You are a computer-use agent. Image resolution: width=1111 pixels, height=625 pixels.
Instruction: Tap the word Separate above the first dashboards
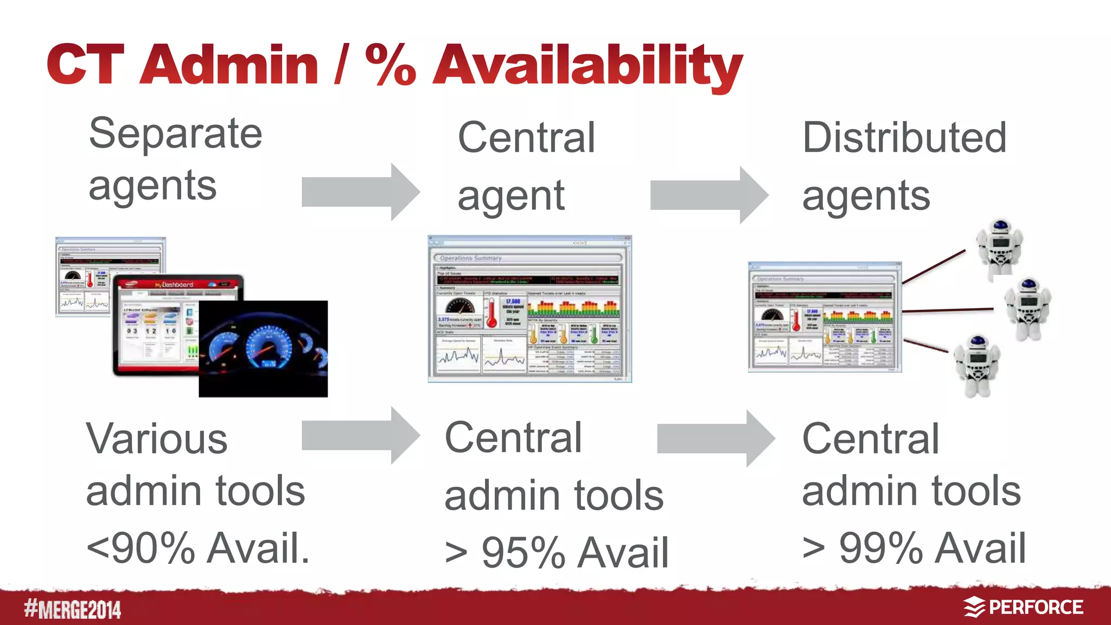click(x=175, y=133)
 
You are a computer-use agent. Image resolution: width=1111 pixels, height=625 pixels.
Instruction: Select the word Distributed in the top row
click(x=904, y=138)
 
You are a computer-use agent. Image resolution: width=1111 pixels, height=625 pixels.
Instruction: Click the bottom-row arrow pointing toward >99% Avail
click(x=716, y=438)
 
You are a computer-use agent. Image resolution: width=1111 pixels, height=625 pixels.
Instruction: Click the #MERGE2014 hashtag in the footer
click(x=72, y=609)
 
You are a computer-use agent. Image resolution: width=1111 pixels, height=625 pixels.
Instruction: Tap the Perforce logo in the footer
click(x=1023, y=607)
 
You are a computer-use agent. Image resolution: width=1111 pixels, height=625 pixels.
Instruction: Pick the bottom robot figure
click(x=976, y=365)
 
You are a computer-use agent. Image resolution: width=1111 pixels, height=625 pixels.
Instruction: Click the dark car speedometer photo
click(x=263, y=349)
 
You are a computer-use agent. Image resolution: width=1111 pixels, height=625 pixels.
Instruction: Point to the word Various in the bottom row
click(x=157, y=439)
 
